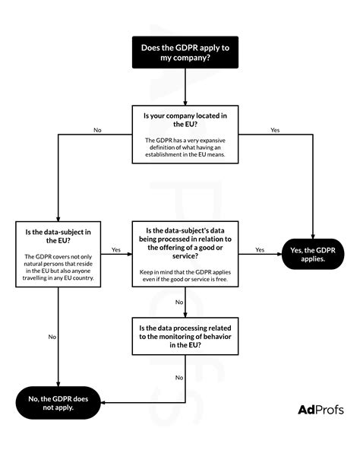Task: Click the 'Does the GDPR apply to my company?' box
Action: click(185, 52)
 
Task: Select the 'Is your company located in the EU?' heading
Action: click(185, 120)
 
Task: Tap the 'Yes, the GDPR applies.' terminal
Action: click(313, 255)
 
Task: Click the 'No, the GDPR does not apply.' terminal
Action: click(58, 403)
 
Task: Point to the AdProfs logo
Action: click(321, 410)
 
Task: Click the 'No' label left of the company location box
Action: click(97, 130)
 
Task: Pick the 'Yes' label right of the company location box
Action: click(275, 130)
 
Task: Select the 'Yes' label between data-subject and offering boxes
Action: click(116, 249)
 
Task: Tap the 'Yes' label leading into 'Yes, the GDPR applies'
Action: click(260, 249)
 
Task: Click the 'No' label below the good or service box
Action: click(179, 303)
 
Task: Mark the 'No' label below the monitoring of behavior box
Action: click(179, 378)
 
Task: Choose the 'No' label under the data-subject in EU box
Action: click(52, 337)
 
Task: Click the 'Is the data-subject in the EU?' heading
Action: click(58, 236)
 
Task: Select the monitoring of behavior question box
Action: click(185, 336)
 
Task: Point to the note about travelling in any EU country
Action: click(58, 267)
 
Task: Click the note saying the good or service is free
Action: click(185, 275)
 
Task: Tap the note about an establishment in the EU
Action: click(185, 147)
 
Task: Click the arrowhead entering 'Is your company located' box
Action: click(185, 103)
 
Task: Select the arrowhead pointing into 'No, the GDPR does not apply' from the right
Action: click(103, 403)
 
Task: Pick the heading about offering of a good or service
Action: click(185, 243)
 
